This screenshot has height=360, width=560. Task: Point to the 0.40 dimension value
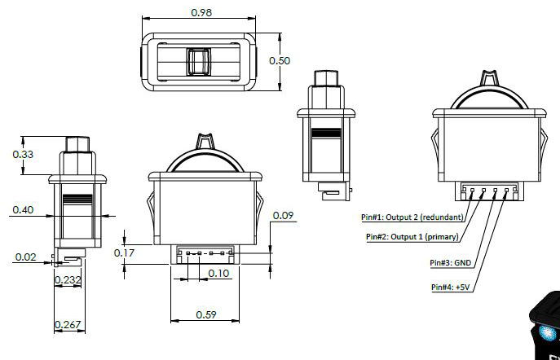point(23,210)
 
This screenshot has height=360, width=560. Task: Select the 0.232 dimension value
point(68,280)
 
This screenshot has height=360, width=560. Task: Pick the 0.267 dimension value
point(67,326)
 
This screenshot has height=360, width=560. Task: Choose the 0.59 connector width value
point(205,314)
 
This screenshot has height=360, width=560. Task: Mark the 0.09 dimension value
point(284,215)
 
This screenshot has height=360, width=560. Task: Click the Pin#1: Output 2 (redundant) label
point(412,217)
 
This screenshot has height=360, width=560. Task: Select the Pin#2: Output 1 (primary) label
point(412,237)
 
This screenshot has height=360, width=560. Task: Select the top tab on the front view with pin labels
point(489,78)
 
